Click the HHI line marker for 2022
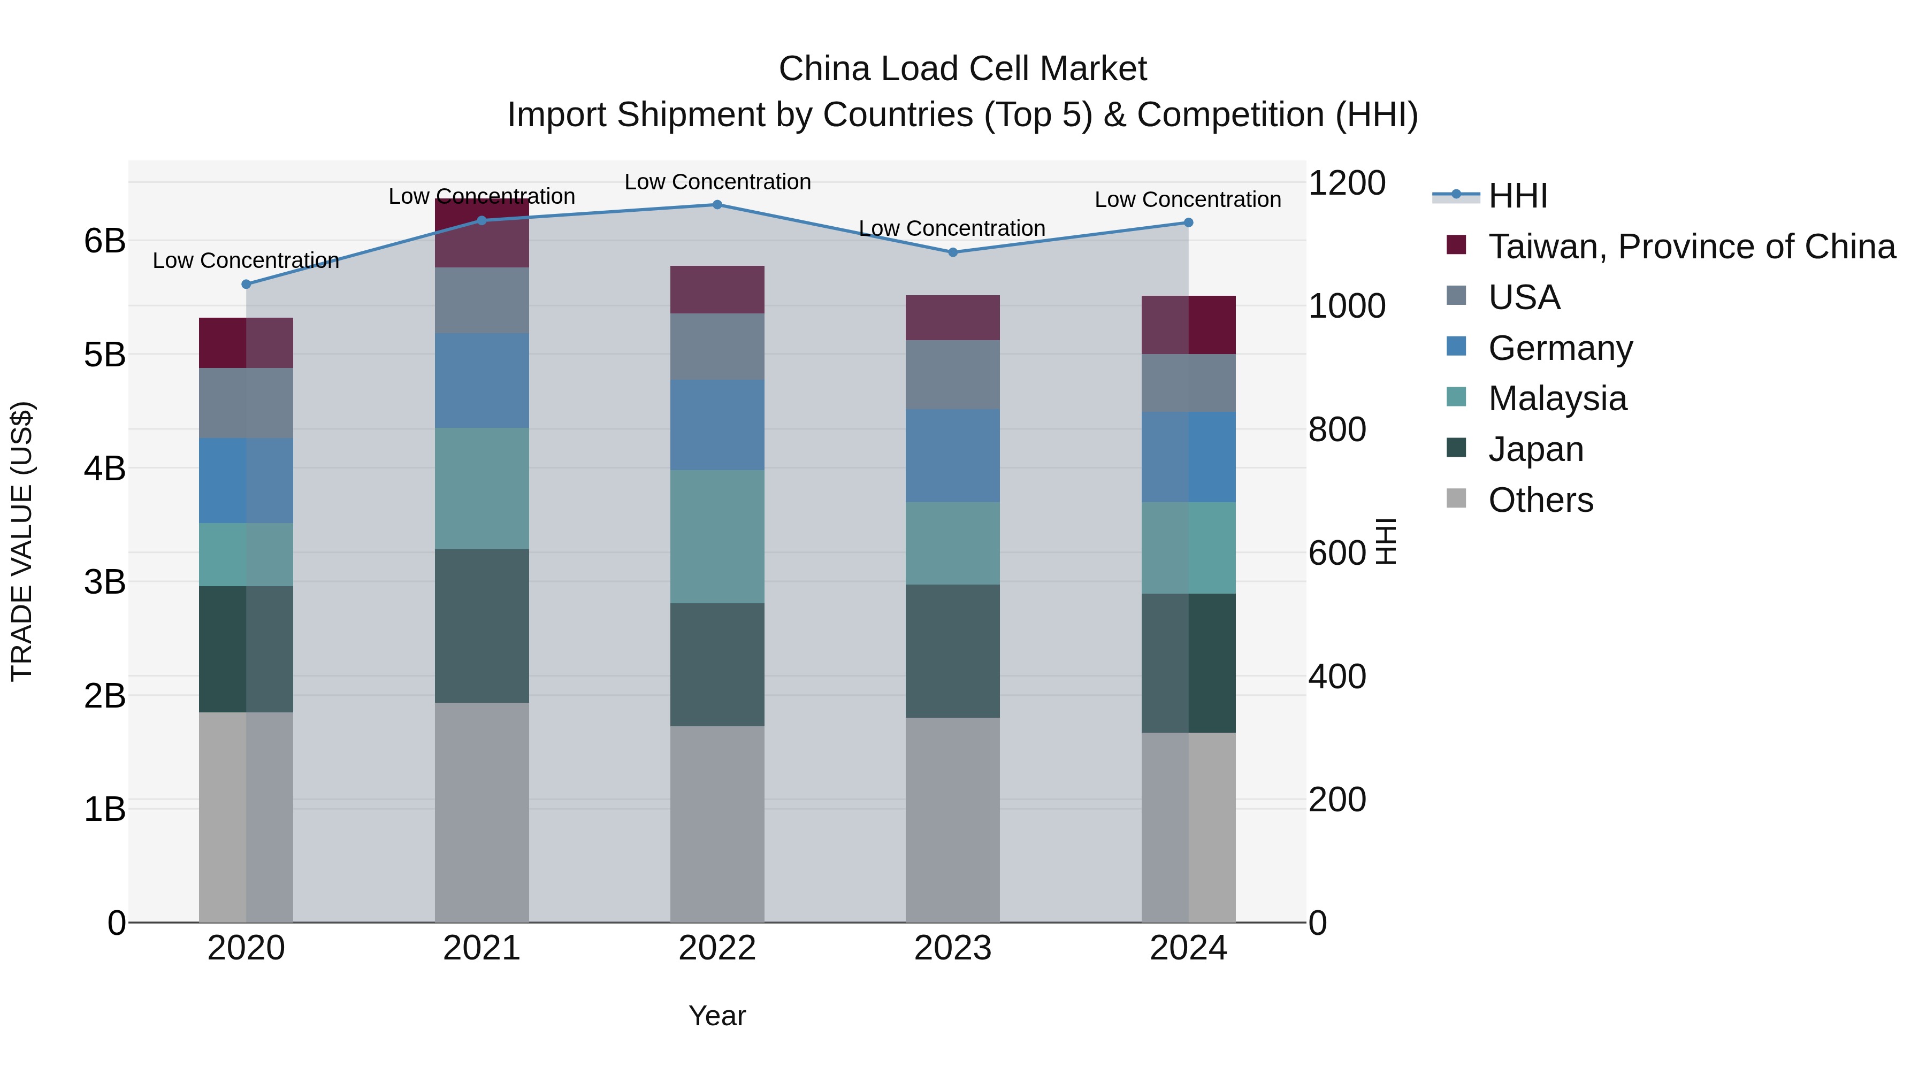pyautogui.click(x=717, y=204)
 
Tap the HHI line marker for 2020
pyautogui.click(x=246, y=284)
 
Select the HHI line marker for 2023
pyautogui.click(x=952, y=252)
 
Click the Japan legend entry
pyautogui.click(x=1535, y=449)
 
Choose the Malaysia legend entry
pyautogui.click(x=1557, y=398)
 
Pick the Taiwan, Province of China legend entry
pyautogui.click(x=1691, y=247)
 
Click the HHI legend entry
pyautogui.click(x=1517, y=196)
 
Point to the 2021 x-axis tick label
pyautogui.click(x=481, y=948)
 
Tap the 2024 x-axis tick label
pyautogui.click(x=1188, y=948)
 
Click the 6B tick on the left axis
pyautogui.click(x=105, y=241)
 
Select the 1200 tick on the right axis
pyautogui.click(x=1347, y=183)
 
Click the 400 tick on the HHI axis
pyautogui.click(x=1337, y=677)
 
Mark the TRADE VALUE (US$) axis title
pyautogui.click(x=22, y=541)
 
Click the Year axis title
pyautogui.click(x=717, y=1016)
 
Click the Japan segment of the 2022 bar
pyautogui.click(x=717, y=664)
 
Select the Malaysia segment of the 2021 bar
pyautogui.click(x=481, y=488)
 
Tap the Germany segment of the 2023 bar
pyautogui.click(x=952, y=455)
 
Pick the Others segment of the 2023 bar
pyautogui.click(x=952, y=819)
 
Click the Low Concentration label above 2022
pyautogui.click(x=717, y=182)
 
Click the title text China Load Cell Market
pyautogui.click(x=962, y=69)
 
